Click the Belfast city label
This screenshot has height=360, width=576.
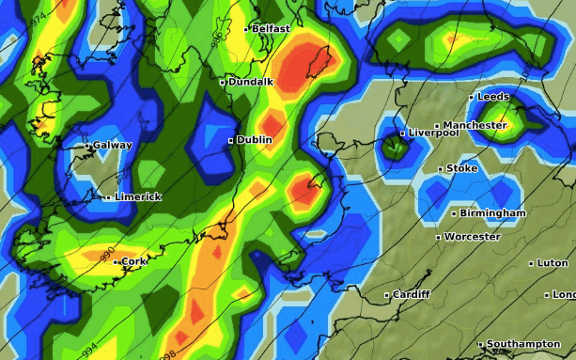point(272,29)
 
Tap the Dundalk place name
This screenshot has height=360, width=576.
point(251,82)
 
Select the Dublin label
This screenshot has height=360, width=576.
point(255,140)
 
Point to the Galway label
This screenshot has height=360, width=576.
point(113,146)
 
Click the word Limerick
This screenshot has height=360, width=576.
point(138,196)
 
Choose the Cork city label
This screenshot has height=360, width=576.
point(134,261)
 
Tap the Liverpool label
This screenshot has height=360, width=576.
point(433,133)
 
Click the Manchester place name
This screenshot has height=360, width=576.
point(475,125)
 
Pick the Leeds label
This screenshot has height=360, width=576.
point(493,97)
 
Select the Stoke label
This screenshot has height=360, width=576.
point(461,168)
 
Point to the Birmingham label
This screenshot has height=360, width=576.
point(493,213)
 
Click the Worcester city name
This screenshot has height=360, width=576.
point(472,237)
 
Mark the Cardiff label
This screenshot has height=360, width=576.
point(412,295)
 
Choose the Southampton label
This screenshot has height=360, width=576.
point(523,345)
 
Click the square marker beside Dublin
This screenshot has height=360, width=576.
point(230,140)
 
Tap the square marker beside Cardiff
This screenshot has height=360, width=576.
point(387,295)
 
